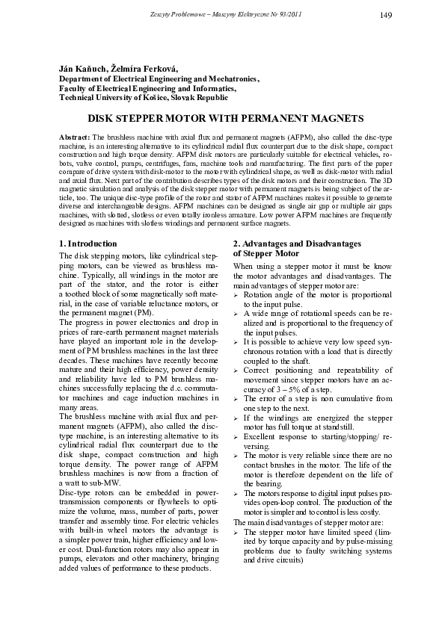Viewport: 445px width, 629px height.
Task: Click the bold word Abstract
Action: click(73, 139)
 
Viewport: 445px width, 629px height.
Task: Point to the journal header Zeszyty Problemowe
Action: click(179, 14)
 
